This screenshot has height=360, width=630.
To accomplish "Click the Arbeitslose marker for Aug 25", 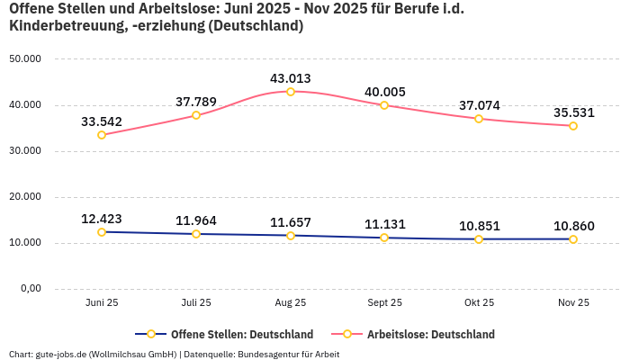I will (x=291, y=92).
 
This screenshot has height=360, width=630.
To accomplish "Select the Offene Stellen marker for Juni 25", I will (x=102, y=232).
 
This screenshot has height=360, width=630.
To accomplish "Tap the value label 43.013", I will (x=291, y=77).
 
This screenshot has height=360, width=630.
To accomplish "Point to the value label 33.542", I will (x=102, y=121).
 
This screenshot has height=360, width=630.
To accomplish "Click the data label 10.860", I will (x=573, y=225).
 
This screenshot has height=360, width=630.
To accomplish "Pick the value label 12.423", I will (x=102, y=218).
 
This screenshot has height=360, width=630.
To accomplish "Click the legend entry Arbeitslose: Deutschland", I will (x=430, y=334).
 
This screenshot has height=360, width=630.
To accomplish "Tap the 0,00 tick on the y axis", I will (x=30, y=289).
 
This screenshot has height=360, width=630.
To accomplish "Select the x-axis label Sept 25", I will (x=384, y=303).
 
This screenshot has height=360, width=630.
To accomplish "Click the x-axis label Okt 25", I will (x=479, y=303).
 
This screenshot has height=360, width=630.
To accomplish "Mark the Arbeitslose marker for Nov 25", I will (x=573, y=126).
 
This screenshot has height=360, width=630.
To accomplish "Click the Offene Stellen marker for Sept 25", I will (x=384, y=238).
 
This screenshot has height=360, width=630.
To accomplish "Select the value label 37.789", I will (x=196, y=101).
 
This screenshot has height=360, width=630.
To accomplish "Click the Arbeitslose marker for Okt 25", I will (x=479, y=119).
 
